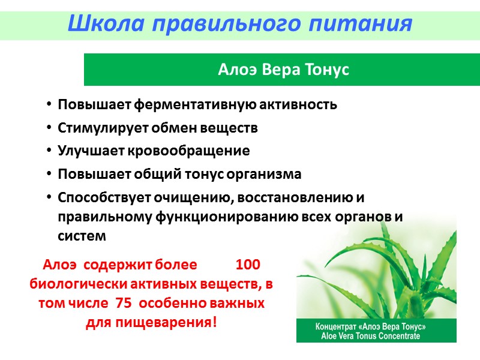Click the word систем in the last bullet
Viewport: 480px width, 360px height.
[x=82, y=236]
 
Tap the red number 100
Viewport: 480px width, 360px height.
[x=248, y=265]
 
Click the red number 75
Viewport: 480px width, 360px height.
[x=123, y=303]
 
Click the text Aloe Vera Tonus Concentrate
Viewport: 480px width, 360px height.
[x=371, y=336]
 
